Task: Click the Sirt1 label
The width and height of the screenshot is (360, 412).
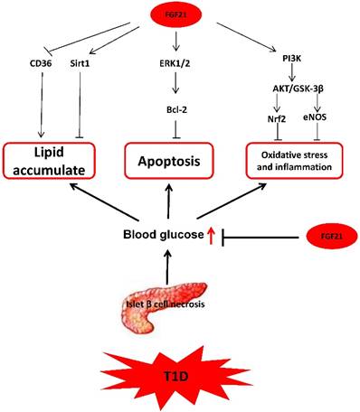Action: tap(82, 63)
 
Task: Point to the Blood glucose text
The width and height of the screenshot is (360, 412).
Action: tap(163, 236)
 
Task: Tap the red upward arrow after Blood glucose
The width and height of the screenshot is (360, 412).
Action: tap(211, 236)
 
